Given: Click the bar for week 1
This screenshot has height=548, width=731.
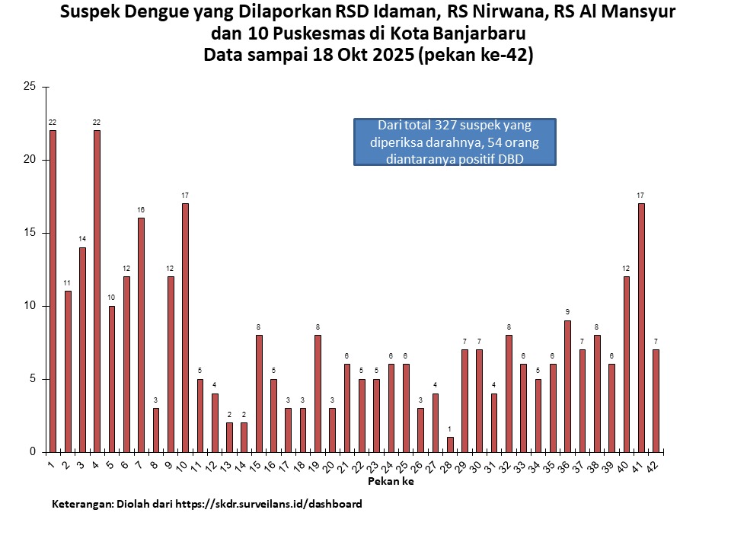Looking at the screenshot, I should pyautogui.click(x=53, y=291).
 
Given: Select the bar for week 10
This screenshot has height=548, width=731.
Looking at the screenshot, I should pyautogui.click(x=185, y=327).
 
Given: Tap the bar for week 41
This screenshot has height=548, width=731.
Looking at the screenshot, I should pyautogui.click(x=641, y=327).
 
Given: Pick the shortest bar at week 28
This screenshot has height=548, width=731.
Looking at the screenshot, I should pyautogui.click(x=450, y=444).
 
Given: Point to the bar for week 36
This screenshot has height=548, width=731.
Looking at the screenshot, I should pyautogui.click(x=567, y=386).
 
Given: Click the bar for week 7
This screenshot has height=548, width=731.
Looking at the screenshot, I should pyautogui.click(x=141, y=335).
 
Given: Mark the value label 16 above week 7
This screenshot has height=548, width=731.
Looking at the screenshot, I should pyautogui.click(x=141, y=209).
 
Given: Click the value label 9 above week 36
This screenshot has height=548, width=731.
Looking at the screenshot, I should pyautogui.click(x=567, y=312).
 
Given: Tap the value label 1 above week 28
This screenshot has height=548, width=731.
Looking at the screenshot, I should pyautogui.click(x=450, y=429).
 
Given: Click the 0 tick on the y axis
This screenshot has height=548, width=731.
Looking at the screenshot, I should pyautogui.click(x=33, y=452).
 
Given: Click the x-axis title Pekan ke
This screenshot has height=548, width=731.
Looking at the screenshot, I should pyautogui.click(x=391, y=482).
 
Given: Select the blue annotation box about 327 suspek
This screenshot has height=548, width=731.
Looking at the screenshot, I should pyautogui.click(x=455, y=142).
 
